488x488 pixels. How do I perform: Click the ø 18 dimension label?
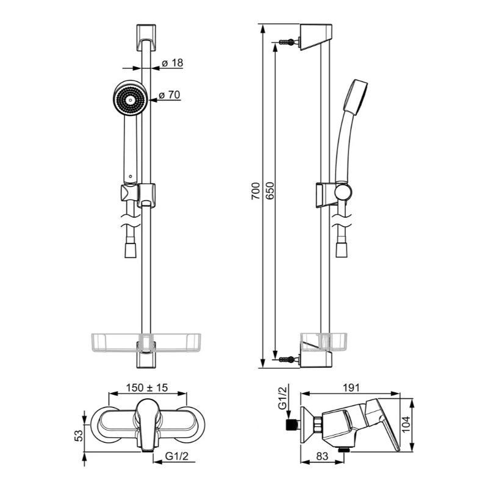[x=173, y=63]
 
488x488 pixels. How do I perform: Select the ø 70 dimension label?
[x=170, y=95]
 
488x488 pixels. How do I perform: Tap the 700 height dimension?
[x=255, y=191]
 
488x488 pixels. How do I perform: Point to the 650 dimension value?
[x=270, y=191]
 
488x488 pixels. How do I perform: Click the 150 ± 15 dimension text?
[x=147, y=388]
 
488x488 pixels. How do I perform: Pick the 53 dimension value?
[x=79, y=436]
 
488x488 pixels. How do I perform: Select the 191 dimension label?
[x=351, y=388]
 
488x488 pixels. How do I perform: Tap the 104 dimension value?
[x=406, y=424]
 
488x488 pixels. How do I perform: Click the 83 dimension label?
[x=322, y=456]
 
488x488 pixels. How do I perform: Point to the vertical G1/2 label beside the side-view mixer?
[x=282, y=398]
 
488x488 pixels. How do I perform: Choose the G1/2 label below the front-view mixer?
[x=177, y=456]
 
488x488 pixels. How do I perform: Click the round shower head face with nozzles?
[x=130, y=99]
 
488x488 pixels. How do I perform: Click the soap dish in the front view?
[x=146, y=342]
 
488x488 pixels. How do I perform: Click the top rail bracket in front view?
[x=146, y=37]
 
